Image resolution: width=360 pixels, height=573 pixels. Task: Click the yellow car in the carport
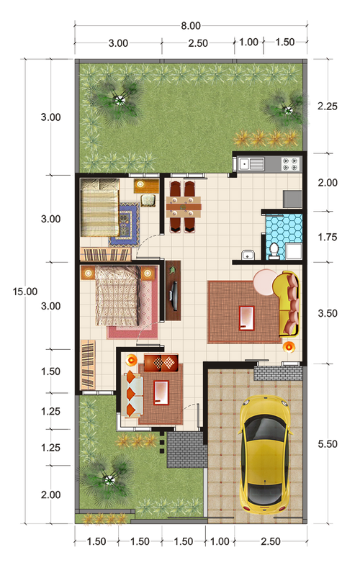click(x=265, y=455)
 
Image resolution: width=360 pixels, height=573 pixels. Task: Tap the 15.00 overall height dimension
click(x=25, y=292)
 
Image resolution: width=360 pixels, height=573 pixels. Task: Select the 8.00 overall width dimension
click(x=191, y=26)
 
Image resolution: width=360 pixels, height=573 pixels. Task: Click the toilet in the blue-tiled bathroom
click(x=274, y=251)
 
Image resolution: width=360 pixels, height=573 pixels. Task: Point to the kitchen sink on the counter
click(x=251, y=164)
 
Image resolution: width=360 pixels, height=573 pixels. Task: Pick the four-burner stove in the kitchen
click(x=291, y=164)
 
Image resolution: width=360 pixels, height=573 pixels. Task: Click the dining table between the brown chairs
click(x=184, y=207)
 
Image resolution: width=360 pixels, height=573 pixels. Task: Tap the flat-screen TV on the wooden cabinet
click(x=174, y=292)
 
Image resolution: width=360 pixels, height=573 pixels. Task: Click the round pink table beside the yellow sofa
click(x=266, y=282)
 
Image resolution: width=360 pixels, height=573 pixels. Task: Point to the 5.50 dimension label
click(x=328, y=444)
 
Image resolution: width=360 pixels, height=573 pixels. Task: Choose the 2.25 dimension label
click(x=328, y=107)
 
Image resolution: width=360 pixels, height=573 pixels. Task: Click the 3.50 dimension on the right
click(x=328, y=313)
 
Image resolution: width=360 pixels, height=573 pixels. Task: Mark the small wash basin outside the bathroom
click(x=248, y=255)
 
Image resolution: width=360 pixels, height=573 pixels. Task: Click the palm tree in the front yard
click(x=109, y=479)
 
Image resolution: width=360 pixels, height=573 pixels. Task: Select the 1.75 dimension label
click(x=328, y=237)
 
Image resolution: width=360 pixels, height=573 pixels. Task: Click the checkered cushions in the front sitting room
click(x=161, y=363)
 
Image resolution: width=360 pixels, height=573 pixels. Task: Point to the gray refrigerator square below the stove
click(x=292, y=199)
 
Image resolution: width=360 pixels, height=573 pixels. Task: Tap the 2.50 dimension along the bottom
click(x=271, y=541)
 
